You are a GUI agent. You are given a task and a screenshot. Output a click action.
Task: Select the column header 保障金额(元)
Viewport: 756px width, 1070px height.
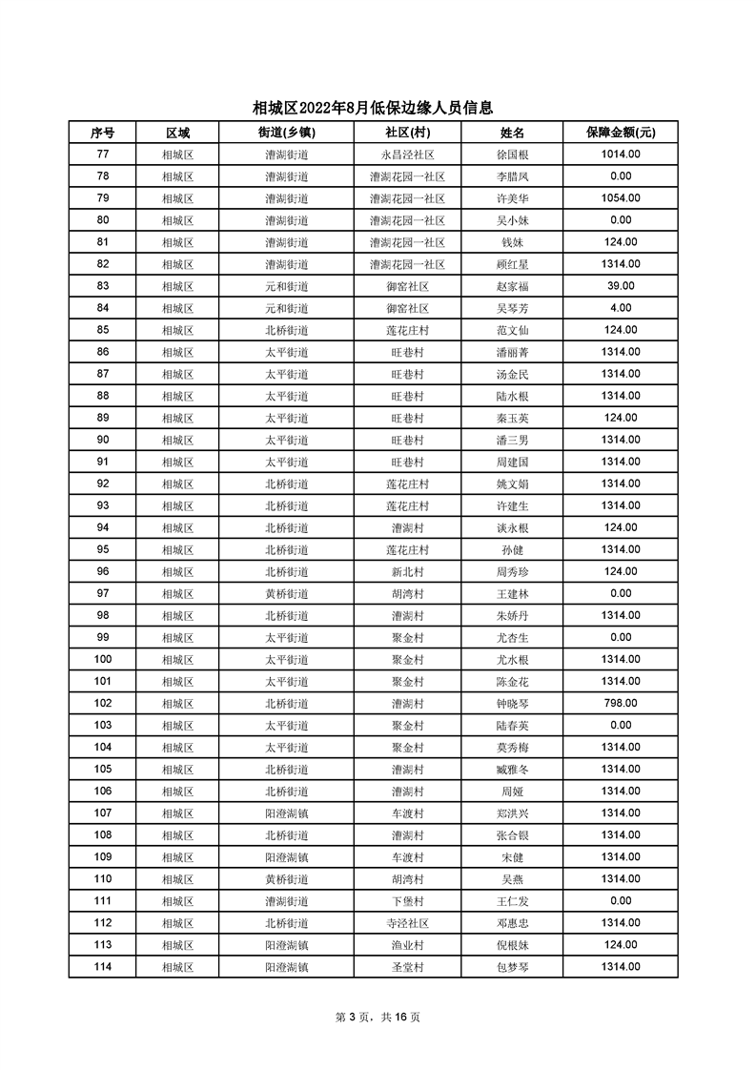(x=620, y=133)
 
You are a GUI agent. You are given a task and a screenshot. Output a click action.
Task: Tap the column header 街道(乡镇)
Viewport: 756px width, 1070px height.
(x=286, y=133)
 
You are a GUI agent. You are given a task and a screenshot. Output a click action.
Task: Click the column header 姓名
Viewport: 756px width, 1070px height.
(x=513, y=133)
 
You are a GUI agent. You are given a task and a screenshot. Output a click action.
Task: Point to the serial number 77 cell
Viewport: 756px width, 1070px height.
(x=103, y=154)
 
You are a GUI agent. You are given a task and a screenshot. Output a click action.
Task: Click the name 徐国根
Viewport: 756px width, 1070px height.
(x=513, y=154)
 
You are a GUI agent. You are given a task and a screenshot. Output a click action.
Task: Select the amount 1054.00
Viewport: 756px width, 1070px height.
(x=620, y=198)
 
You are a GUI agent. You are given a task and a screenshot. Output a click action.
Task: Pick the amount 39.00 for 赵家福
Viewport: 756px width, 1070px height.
(x=620, y=286)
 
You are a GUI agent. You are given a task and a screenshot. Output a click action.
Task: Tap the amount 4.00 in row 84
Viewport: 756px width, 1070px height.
(x=620, y=308)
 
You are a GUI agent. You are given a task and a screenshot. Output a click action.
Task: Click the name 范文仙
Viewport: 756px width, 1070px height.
(x=513, y=330)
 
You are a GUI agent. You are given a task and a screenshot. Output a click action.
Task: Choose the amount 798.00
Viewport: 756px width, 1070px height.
(x=620, y=703)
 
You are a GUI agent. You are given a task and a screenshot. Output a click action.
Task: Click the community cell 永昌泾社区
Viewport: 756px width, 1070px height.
(x=407, y=154)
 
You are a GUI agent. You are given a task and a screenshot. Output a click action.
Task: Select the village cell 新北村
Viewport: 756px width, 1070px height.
(x=407, y=571)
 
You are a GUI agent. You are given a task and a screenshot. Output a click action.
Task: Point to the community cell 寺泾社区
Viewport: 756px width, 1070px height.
(x=407, y=922)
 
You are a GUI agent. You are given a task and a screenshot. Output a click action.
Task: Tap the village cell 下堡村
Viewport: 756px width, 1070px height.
(x=407, y=900)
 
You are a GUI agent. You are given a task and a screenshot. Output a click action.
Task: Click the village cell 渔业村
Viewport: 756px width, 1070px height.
(x=407, y=944)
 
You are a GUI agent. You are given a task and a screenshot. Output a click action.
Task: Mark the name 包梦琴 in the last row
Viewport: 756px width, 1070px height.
(x=513, y=966)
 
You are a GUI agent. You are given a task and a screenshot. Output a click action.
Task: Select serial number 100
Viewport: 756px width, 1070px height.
(x=103, y=659)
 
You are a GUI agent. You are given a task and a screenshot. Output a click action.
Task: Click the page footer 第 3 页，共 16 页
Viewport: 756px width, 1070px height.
(x=378, y=1017)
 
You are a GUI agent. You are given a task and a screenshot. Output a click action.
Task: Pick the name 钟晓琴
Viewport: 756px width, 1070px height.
(x=513, y=703)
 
